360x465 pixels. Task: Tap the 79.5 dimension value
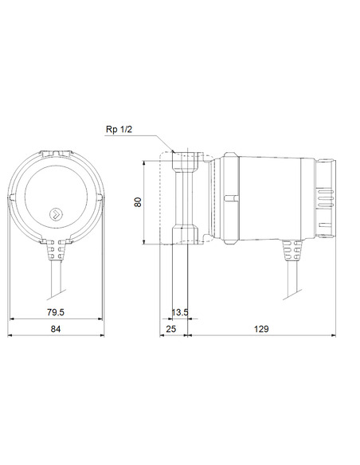55,313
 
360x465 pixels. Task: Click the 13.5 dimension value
181,313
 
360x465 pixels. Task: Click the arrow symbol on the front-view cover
57,213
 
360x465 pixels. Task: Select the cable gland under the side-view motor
288,253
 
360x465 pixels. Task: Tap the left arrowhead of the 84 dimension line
11,336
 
